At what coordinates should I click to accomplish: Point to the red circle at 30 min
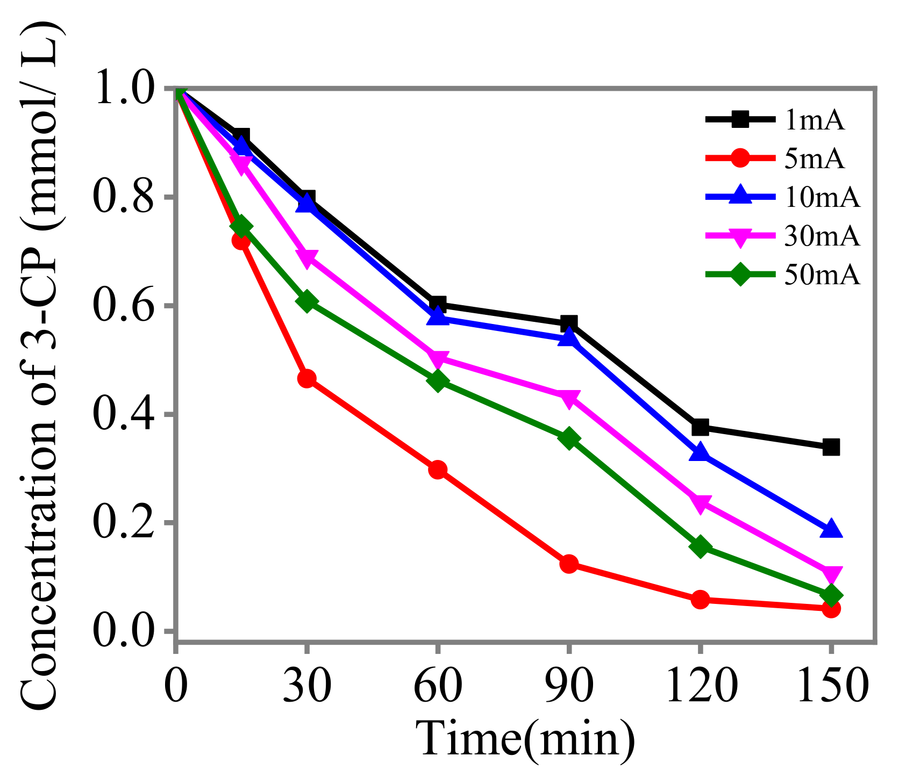(x=306, y=379)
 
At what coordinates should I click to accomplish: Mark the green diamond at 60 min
(x=438, y=381)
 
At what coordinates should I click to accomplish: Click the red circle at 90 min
(x=569, y=564)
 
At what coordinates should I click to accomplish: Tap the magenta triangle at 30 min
(x=306, y=258)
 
